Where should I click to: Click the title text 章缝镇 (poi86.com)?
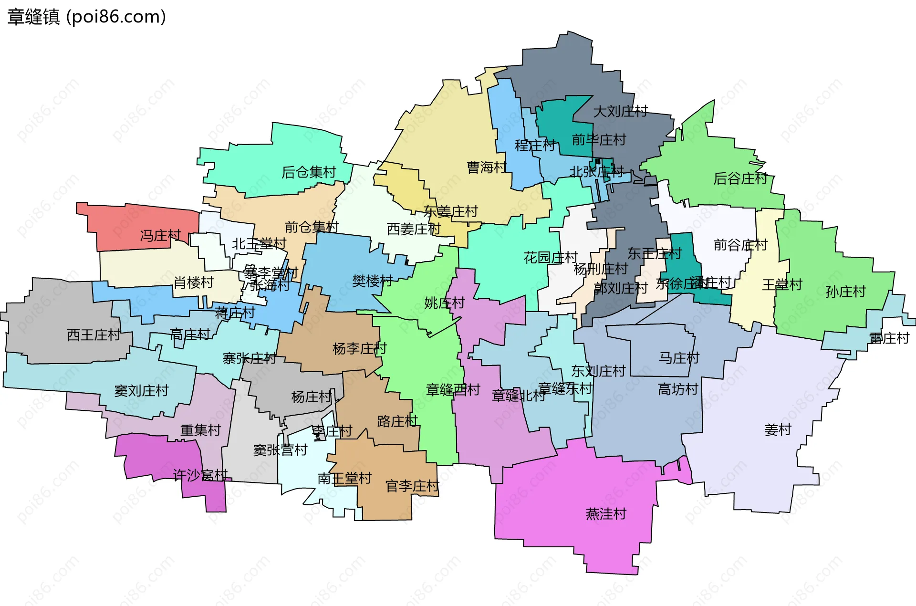(x=86, y=17)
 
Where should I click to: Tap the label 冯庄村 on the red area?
(x=160, y=236)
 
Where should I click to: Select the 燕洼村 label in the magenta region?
(x=606, y=514)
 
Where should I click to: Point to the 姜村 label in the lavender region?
(x=778, y=430)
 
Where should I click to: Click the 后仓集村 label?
(x=309, y=172)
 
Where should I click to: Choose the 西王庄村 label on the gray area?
(x=94, y=335)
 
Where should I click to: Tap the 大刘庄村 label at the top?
(x=620, y=112)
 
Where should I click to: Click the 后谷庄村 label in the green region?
(x=740, y=178)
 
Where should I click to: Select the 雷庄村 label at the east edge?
(x=889, y=338)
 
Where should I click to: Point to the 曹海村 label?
(x=487, y=167)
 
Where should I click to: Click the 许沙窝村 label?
(x=200, y=475)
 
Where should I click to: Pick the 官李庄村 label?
(x=412, y=486)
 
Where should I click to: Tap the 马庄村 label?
(x=679, y=358)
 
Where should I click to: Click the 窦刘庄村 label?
(x=141, y=391)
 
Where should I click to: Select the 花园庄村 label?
(x=551, y=258)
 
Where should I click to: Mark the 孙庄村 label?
(x=845, y=292)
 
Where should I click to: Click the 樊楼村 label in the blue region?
(x=372, y=281)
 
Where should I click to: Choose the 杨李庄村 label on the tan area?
(x=359, y=349)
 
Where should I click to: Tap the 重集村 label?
(x=200, y=430)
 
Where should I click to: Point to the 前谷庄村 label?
(x=740, y=245)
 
